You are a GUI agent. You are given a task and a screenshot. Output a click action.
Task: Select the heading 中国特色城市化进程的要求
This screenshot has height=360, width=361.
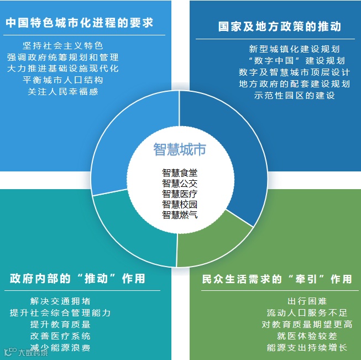coord(80,23)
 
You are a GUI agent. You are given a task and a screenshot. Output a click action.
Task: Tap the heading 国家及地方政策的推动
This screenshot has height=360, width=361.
coord(279,27)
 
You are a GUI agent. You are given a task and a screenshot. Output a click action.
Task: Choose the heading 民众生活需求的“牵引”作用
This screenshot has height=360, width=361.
coord(277,279)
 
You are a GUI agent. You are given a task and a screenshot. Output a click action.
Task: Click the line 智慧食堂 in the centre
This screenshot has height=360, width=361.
coord(180,173)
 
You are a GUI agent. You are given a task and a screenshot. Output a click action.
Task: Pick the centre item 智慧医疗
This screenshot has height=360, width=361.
coord(180,194)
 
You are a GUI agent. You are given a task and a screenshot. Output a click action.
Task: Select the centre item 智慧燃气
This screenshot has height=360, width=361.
coord(180,215)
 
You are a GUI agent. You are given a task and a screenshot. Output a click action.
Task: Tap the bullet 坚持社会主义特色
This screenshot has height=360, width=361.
coord(62,45)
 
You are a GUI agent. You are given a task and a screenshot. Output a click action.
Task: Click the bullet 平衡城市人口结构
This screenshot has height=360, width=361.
coord(62,80)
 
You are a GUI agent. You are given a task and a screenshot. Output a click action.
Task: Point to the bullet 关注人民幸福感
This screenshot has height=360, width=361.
coord(62,92)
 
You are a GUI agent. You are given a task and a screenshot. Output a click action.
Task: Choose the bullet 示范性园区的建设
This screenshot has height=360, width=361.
coord(294,95)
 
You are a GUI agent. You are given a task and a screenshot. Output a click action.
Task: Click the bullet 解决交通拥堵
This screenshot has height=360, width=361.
coord(61,301)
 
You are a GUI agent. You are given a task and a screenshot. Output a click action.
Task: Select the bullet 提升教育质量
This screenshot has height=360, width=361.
coord(61,325)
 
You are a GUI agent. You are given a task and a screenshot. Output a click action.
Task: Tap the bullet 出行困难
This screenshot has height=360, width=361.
coord(307,301)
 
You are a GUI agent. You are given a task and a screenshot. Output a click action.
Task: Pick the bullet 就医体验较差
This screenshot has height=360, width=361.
coord(307,336)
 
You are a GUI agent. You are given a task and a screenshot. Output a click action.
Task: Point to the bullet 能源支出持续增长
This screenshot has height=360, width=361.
coord(307,348)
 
